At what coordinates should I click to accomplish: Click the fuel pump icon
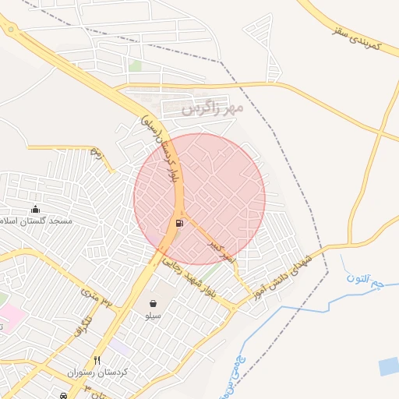click(x=180, y=224)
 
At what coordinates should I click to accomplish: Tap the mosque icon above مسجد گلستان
click(x=35, y=209)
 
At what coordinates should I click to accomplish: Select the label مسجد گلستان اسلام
click(x=39, y=221)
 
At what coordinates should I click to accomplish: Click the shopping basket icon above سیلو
click(x=153, y=302)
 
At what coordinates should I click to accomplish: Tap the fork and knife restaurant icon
click(x=97, y=360)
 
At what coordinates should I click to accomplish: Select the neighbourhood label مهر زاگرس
click(x=213, y=108)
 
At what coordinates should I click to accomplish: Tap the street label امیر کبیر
click(x=220, y=250)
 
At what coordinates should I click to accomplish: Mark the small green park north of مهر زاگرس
click(x=136, y=66)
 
